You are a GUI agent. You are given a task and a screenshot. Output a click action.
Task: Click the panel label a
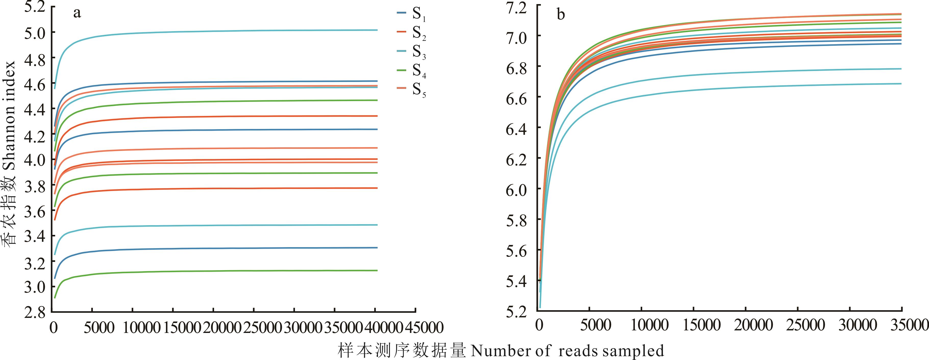pyautogui.click(x=77, y=13)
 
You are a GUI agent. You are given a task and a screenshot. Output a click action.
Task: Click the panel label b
pyautogui.click(x=561, y=15)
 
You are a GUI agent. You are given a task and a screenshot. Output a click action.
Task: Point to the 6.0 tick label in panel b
pyautogui.click(x=517, y=190)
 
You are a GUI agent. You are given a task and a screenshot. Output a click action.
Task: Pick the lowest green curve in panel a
pyautogui.click(x=216, y=271)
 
